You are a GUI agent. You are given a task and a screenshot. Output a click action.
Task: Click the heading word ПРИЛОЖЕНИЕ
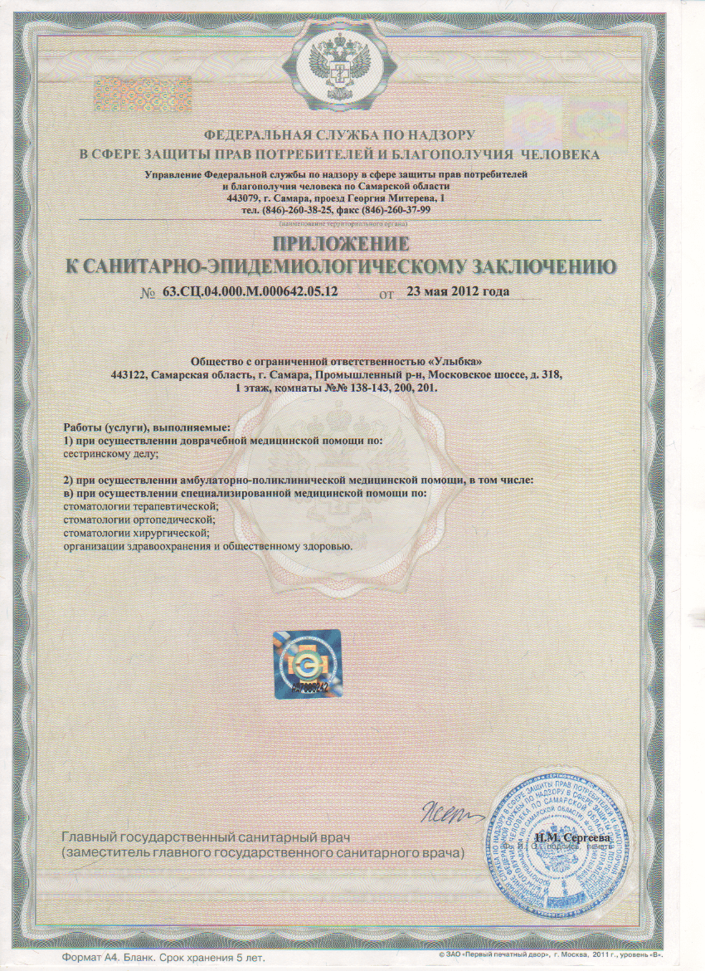tap(340, 243)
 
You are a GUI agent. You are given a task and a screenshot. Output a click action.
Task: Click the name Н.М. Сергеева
tap(573, 838)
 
